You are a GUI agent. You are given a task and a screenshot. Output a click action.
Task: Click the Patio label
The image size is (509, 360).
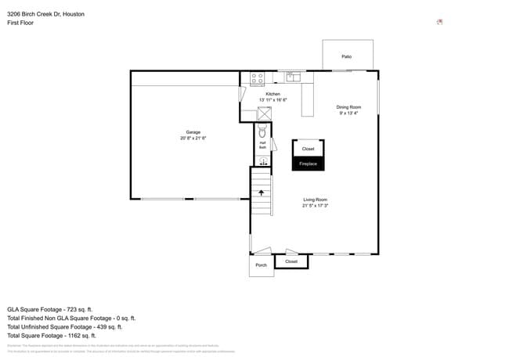[x=346, y=56]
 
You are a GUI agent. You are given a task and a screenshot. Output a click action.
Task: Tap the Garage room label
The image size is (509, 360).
[x=193, y=132]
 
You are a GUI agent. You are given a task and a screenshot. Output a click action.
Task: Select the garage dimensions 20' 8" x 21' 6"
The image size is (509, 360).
[x=193, y=139]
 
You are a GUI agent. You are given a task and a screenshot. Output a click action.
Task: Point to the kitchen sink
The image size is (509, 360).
[x=294, y=77]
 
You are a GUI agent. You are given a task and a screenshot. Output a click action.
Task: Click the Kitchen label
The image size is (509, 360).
[x=273, y=94]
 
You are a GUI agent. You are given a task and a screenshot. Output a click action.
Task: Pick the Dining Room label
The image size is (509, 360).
[x=348, y=107]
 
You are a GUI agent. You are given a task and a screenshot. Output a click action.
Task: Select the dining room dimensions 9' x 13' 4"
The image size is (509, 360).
[x=348, y=113]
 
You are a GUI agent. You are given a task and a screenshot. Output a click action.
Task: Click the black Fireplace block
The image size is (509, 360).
[x=309, y=164]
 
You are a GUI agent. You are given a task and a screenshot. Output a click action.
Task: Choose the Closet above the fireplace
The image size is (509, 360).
[x=309, y=149]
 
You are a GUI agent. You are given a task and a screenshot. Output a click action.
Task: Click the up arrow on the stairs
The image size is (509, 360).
[x=262, y=191]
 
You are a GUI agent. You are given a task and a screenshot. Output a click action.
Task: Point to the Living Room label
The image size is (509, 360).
[x=315, y=200]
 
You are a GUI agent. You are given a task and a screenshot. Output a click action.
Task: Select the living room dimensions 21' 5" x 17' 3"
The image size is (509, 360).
[x=315, y=206]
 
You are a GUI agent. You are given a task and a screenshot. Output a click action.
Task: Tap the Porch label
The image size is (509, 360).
[x=262, y=265]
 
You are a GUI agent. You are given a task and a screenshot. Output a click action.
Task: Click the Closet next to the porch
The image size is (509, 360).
[x=291, y=261]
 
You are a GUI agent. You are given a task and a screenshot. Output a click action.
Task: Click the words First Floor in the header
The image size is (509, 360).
[x=21, y=23]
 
